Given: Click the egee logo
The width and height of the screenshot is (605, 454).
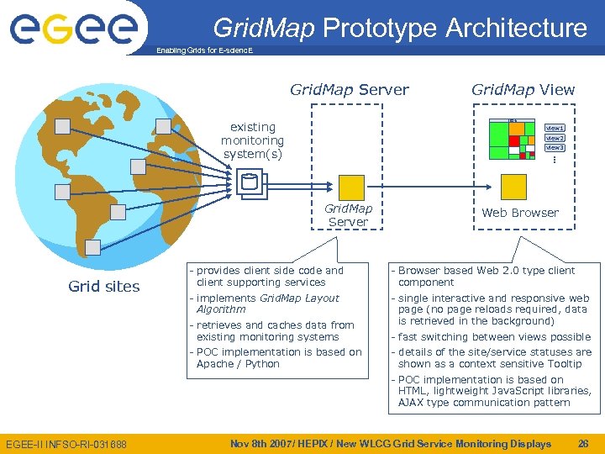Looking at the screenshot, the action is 73,28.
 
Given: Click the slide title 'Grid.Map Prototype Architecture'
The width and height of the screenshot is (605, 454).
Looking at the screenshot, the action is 400,28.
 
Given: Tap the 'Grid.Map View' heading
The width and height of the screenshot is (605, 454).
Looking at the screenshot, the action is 523,89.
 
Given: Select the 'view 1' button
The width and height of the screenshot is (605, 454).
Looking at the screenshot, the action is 555,128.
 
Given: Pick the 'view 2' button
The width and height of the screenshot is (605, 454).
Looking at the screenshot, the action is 555,138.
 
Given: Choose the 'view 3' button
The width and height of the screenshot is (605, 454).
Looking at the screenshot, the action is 555,148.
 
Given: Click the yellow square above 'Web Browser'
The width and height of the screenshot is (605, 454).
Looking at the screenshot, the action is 513,186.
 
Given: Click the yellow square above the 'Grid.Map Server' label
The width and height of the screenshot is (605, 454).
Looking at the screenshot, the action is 351,187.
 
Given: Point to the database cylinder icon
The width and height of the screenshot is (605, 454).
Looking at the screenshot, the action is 249,182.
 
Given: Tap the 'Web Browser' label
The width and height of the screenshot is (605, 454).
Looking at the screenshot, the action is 519,213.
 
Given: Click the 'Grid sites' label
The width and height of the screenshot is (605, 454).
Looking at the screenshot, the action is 104,287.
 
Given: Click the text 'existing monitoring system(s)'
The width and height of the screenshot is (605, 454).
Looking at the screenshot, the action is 252,140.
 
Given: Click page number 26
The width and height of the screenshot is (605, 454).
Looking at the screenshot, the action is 583,443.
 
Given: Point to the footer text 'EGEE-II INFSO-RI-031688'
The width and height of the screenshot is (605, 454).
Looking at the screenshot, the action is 66,444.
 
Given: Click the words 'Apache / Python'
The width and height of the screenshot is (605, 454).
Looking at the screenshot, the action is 238,364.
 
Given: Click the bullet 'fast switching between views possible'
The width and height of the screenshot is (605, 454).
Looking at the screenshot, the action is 494,337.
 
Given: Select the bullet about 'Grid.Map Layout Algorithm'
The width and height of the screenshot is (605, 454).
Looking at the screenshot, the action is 267,304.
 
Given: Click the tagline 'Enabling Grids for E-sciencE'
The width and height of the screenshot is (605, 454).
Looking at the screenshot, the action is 204,50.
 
